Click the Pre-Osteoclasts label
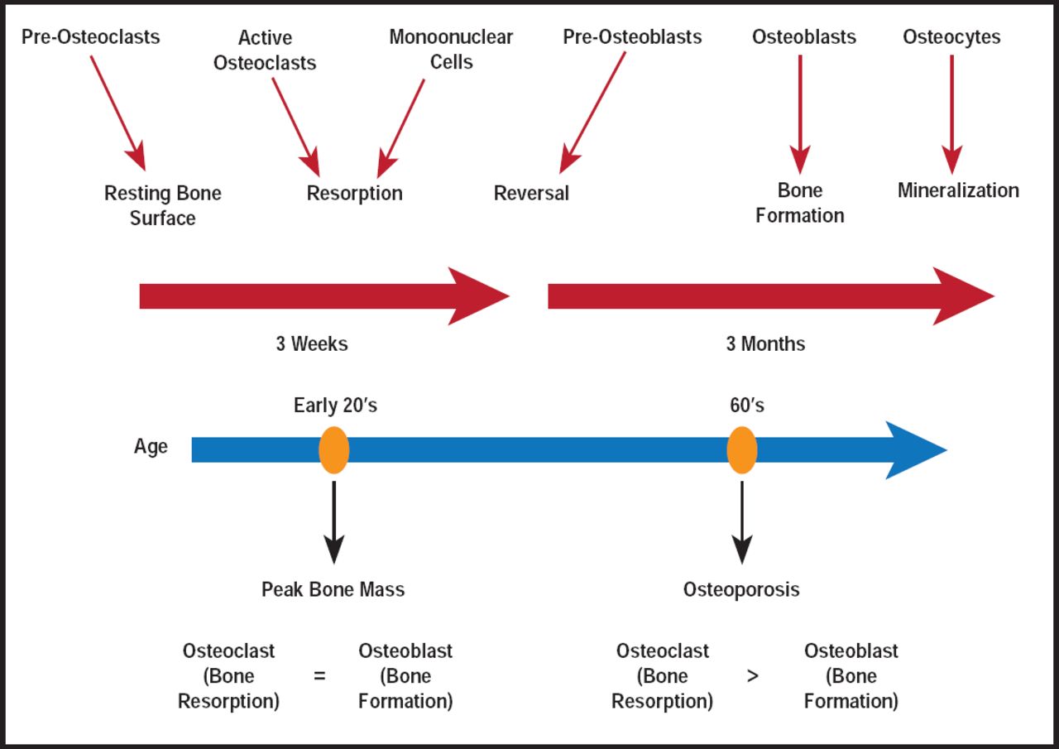[90, 37]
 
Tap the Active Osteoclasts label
[265, 50]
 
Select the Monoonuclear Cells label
[451, 50]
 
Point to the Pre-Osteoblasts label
[632, 37]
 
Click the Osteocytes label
[951, 37]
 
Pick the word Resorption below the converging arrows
[354, 194]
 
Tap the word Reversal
[531, 194]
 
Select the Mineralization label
[958, 190]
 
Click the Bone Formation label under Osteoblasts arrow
[799, 203]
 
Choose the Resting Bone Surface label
[163, 206]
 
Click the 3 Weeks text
[312, 343]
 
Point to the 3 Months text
[765, 343]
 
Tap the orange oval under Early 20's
[334, 450]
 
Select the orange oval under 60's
[742, 450]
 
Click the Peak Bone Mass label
[333, 589]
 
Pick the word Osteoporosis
[741, 589]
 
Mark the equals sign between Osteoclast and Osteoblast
[319, 676]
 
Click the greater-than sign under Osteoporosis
[752, 676]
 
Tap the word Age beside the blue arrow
[151, 447]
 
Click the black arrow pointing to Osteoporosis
[742, 521]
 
